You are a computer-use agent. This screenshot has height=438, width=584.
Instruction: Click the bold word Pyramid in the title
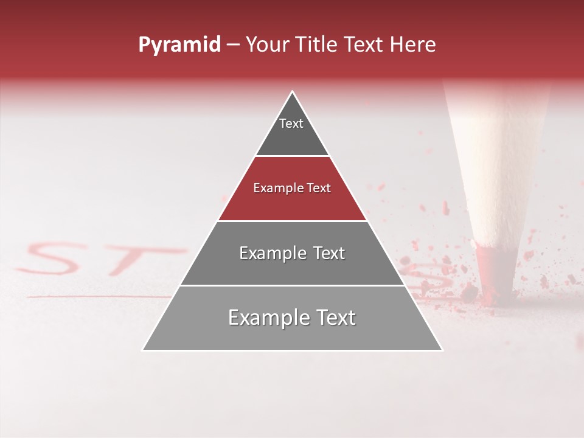coord(179,44)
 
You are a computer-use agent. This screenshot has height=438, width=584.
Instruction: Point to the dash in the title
coord(232,45)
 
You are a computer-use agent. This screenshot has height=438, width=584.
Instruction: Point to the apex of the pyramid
coord(293,92)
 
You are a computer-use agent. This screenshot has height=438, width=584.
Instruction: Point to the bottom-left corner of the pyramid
coord(143,350)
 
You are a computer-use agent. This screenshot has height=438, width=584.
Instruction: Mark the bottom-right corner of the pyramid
coord(442,350)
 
